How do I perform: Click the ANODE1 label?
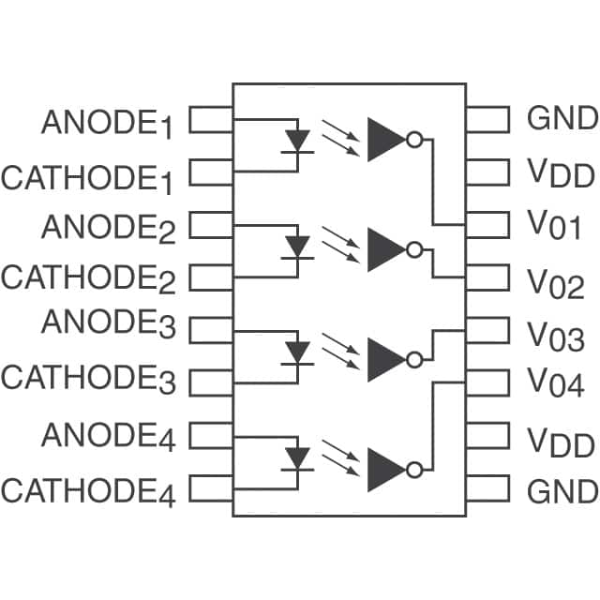107,124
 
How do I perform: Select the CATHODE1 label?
88,178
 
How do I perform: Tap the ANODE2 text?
108,229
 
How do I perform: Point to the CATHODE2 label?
89,278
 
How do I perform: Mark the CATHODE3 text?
89,379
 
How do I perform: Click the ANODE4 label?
108,437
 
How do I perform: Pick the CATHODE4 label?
89,491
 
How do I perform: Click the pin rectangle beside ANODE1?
211,120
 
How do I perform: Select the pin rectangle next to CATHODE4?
211,489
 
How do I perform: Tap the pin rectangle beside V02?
487,277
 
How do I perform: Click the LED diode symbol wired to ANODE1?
298,141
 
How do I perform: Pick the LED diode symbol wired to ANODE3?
298,352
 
